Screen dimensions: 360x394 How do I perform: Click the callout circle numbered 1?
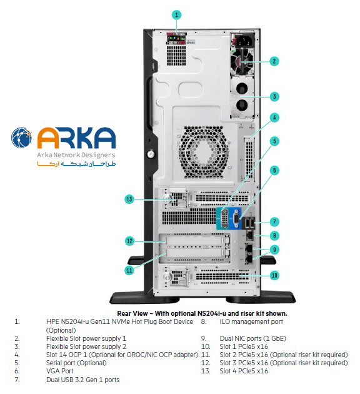pyautogui.click(x=176, y=15)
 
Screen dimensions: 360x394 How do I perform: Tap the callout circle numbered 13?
pyautogui.click(x=129, y=200)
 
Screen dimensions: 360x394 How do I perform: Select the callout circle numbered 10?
pyautogui.click(x=274, y=275)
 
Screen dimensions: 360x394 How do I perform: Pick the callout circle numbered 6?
pyautogui.click(x=274, y=171)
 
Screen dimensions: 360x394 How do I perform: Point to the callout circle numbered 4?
pyautogui.click(x=274, y=118)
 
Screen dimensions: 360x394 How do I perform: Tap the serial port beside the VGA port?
pyautogui.click(x=224, y=219)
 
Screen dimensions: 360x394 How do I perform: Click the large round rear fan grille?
pyautogui.click(x=204, y=152)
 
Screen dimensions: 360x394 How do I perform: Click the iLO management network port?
pyautogui.click(x=250, y=235)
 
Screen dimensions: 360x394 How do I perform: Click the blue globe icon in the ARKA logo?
pyautogui.click(x=22, y=138)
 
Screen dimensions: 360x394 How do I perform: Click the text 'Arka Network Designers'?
pyautogui.click(x=76, y=155)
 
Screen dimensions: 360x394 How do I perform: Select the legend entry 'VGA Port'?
pyautogui.click(x=60, y=371)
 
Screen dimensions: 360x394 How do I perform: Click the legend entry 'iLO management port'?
pyautogui.click(x=251, y=321)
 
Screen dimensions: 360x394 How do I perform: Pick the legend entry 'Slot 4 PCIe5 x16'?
pyautogui.click(x=244, y=371)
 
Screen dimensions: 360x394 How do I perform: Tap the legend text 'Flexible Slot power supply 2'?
pyautogui.click(x=86, y=346)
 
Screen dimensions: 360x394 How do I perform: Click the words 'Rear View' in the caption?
pyautogui.click(x=132, y=313)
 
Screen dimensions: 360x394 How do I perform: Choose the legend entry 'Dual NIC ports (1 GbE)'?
pyautogui.click(x=252, y=338)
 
